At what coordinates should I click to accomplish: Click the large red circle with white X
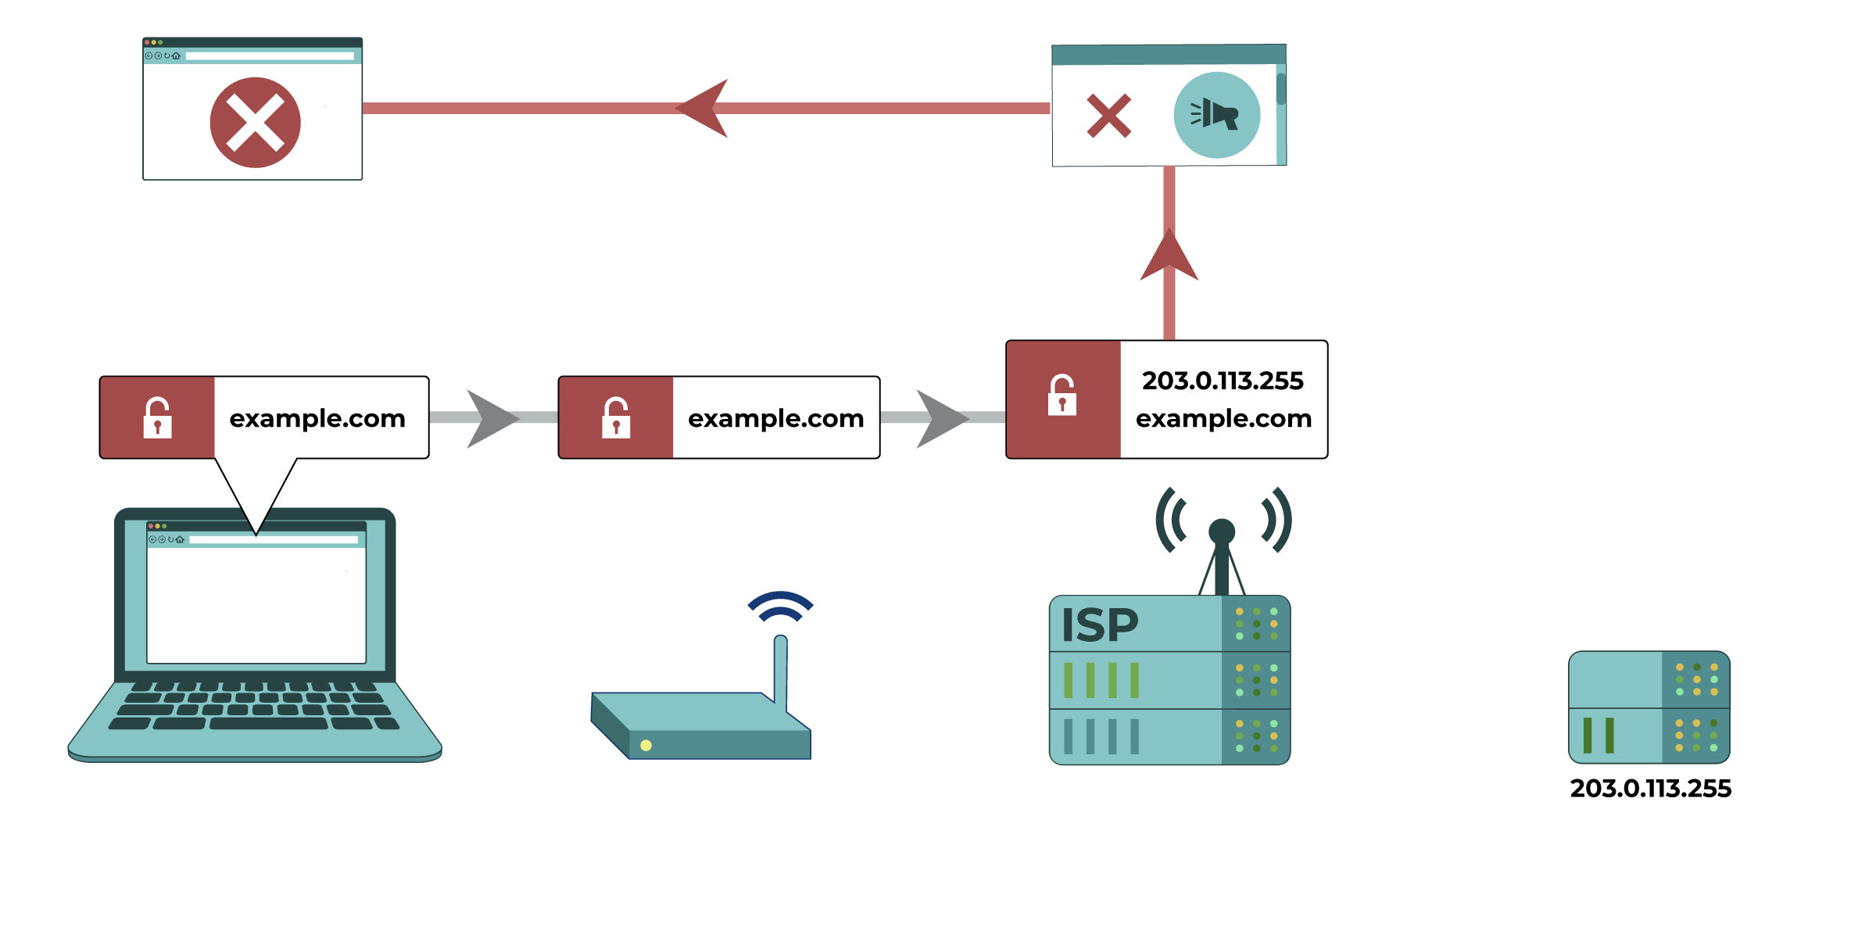pos(255,123)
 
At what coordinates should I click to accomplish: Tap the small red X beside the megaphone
pos(1108,116)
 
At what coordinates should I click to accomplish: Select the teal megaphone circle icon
pos(1216,115)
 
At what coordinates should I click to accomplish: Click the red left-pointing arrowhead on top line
pos(703,109)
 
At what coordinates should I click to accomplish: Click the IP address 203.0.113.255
pos(1223,381)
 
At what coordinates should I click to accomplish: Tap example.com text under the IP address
pos(1223,419)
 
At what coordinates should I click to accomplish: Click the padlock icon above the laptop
pos(157,417)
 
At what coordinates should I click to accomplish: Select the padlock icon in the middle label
pos(616,417)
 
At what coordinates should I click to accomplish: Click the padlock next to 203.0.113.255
pos(1062,396)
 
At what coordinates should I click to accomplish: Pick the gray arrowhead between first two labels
pos(491,418)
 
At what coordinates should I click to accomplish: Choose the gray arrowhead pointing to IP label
pos(940,418)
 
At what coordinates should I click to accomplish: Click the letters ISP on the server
pos(1099,625)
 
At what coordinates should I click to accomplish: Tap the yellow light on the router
pos(646,745)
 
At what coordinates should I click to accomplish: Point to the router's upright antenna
pos(780,672)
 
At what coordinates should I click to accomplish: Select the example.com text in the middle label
pos(775,419)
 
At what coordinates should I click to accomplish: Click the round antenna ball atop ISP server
pos(1221,532)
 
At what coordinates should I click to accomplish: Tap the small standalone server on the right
pos(1649,707)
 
